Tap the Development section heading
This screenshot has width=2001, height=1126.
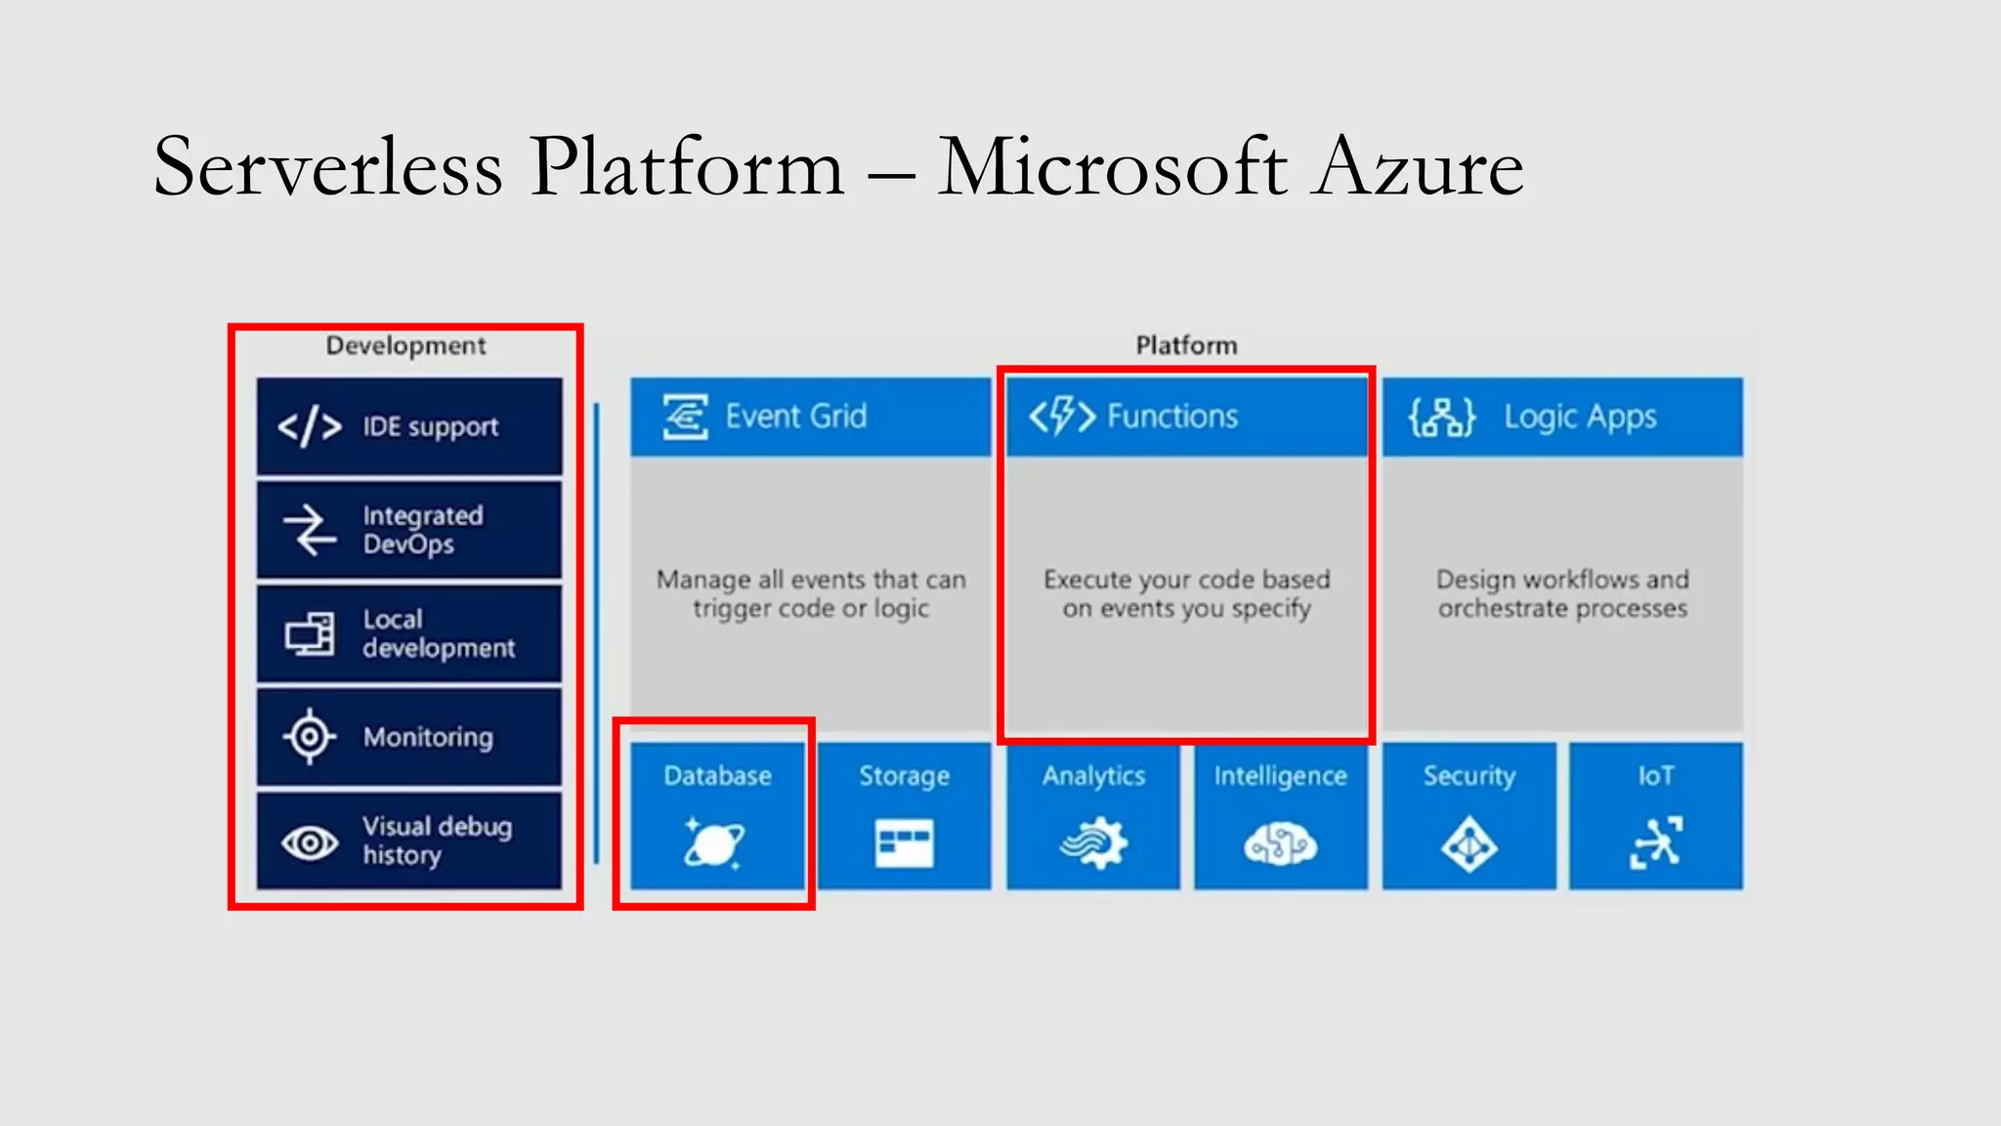point(405,345)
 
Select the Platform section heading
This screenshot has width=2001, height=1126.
point(1186,345)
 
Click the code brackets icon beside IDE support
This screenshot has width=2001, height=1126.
point(310,427)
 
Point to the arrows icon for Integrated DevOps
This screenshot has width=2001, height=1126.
point(310,530)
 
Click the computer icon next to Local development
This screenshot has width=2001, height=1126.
point(310,634)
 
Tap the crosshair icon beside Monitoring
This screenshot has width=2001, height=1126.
point(310,736)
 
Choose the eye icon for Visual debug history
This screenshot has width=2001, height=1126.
point(310,842)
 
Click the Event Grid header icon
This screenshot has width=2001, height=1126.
point(685,417)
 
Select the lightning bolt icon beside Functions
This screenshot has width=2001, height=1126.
point(1062,416)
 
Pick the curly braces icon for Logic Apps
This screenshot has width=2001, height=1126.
point(1442,417)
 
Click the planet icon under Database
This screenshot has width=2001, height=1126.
point(714,843)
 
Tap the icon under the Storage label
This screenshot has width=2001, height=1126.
point(904,843)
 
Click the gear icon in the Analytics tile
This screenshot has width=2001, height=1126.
point(1093,843)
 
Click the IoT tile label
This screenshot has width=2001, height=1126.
point(1656,776)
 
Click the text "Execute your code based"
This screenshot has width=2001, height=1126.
point(1186,580)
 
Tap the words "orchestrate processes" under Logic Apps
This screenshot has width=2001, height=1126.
point(1562,609)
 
